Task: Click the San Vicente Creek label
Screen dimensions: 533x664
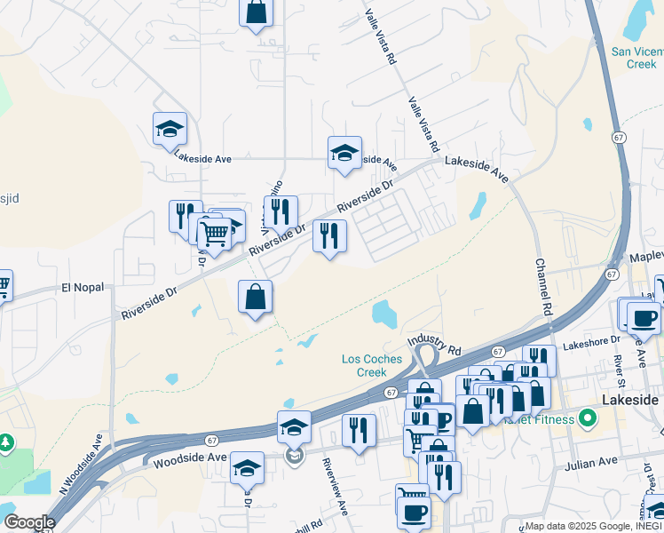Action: coord(635,58)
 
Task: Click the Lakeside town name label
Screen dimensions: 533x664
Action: coord(630,400)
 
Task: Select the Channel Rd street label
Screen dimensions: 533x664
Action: coord(541,288)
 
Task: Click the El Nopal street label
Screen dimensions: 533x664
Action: coord(83,287)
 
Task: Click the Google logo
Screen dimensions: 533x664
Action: coord(29,522)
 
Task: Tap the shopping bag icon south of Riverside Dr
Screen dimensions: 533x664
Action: coord(255,297)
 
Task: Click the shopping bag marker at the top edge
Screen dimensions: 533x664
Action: coord(256,12)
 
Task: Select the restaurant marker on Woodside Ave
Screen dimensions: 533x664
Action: coord(359,431)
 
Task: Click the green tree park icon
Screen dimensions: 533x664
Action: coord(6,442)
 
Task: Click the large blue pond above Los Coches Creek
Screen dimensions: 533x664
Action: coord(383,313)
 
